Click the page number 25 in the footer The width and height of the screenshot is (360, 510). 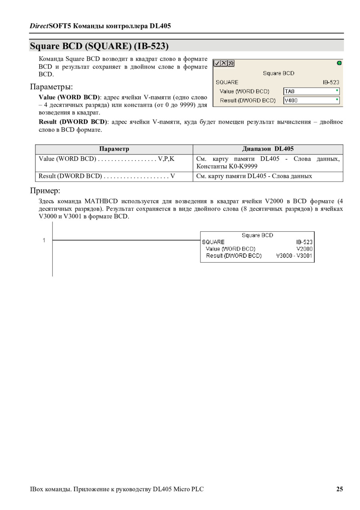tap(339, 489)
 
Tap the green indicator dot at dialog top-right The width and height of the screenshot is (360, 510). tap(339, 63)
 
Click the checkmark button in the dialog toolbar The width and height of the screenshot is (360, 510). tap(217, 63)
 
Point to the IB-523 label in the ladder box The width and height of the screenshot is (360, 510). tap(304, 242)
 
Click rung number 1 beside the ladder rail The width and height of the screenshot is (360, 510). tap(44, 240)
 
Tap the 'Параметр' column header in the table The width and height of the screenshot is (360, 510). tap(114, 149)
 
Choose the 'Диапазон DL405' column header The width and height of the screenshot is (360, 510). tap(268, 149)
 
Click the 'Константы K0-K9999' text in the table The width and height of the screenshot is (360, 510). tap(227, 166)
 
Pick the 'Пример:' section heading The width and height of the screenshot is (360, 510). tap(45, 190)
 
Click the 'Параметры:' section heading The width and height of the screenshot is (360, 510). tap(51, 86)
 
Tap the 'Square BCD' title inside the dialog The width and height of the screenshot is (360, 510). tap(278, 73)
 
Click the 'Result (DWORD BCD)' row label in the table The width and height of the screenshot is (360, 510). tap(70, 176)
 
